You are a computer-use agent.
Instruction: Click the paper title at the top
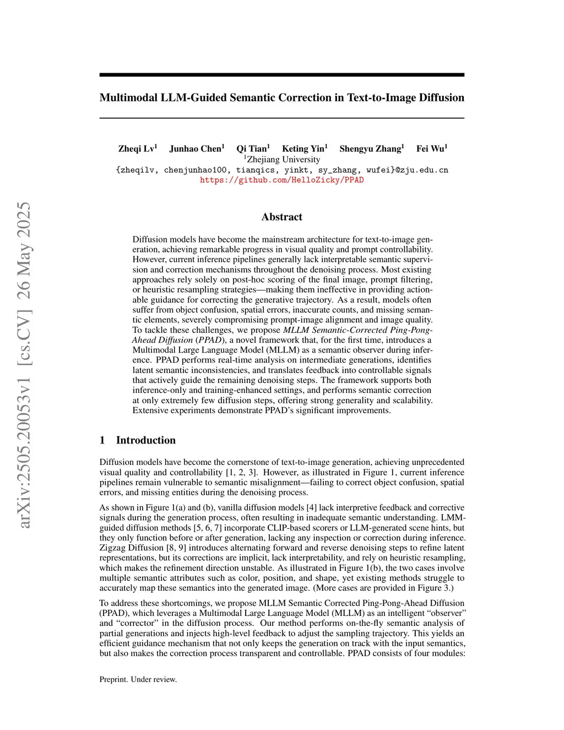[281, 98]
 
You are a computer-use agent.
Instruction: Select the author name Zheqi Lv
[137, 149]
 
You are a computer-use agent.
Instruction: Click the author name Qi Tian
[253, 149]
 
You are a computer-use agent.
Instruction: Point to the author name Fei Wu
[431, 149]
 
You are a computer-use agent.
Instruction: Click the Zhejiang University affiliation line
[282, 159]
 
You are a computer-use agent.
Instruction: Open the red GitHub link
[281, 180]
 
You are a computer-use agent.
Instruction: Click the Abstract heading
[281, 217]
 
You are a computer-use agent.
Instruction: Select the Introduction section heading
[145, 440]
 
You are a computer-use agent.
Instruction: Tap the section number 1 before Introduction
[102, 440]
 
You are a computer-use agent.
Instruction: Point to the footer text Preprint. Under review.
[138, 679]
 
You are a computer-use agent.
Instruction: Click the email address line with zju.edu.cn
[281, 170]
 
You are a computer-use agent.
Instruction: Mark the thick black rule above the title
[281, 75]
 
